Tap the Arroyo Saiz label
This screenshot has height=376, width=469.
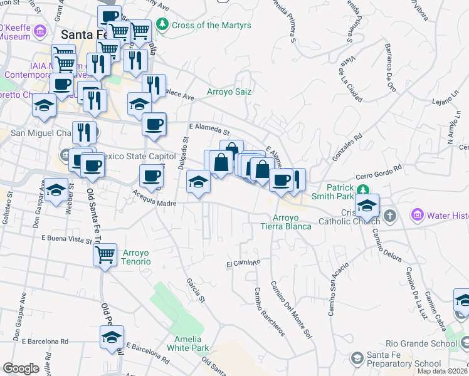coord(229,91)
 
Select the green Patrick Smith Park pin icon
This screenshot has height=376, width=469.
coord(362,190)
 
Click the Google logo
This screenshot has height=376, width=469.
coord(21,368)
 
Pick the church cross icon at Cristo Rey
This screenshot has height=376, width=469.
coord(390,216)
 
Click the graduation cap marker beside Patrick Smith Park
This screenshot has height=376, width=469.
coord(367,206)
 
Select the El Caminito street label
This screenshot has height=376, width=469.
coord(243,263)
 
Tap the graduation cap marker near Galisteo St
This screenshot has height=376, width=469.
coord(56,191)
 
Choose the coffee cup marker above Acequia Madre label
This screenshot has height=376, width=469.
coord(150,177)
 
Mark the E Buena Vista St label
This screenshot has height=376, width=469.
coord(66,239)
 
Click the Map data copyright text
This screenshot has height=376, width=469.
coord(443,371)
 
